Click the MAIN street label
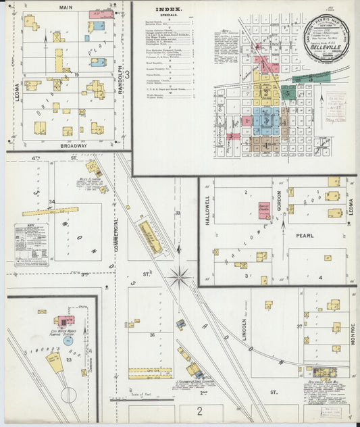(66, 7)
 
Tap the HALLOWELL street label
(207, 209)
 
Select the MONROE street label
(353, 333)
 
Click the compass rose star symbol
(180, 276)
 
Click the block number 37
(299, 327)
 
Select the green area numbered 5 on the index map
(310, 78)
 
